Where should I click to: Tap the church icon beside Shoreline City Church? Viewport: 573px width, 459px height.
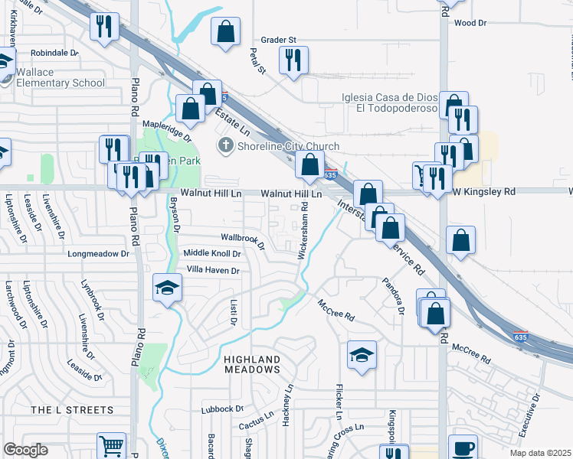coord(226,146)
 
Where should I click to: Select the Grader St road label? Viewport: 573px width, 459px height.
coord(277,40)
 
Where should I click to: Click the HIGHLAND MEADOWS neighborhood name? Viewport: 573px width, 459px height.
coord(252,364)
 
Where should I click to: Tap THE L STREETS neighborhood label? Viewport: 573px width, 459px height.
coord(71,411)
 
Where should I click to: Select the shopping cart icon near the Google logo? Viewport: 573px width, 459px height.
coord(111,445)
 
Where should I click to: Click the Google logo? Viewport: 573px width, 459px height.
coord(25,450)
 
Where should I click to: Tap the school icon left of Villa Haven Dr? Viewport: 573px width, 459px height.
coord(167,288)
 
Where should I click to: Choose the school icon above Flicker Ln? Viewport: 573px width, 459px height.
coord(362,355)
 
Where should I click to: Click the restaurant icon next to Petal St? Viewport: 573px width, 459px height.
coord(293,60)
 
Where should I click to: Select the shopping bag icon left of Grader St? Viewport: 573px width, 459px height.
coord(225,32)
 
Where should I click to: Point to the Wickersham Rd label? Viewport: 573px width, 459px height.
coord(303,229)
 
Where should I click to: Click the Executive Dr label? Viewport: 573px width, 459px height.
coord(529,415)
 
